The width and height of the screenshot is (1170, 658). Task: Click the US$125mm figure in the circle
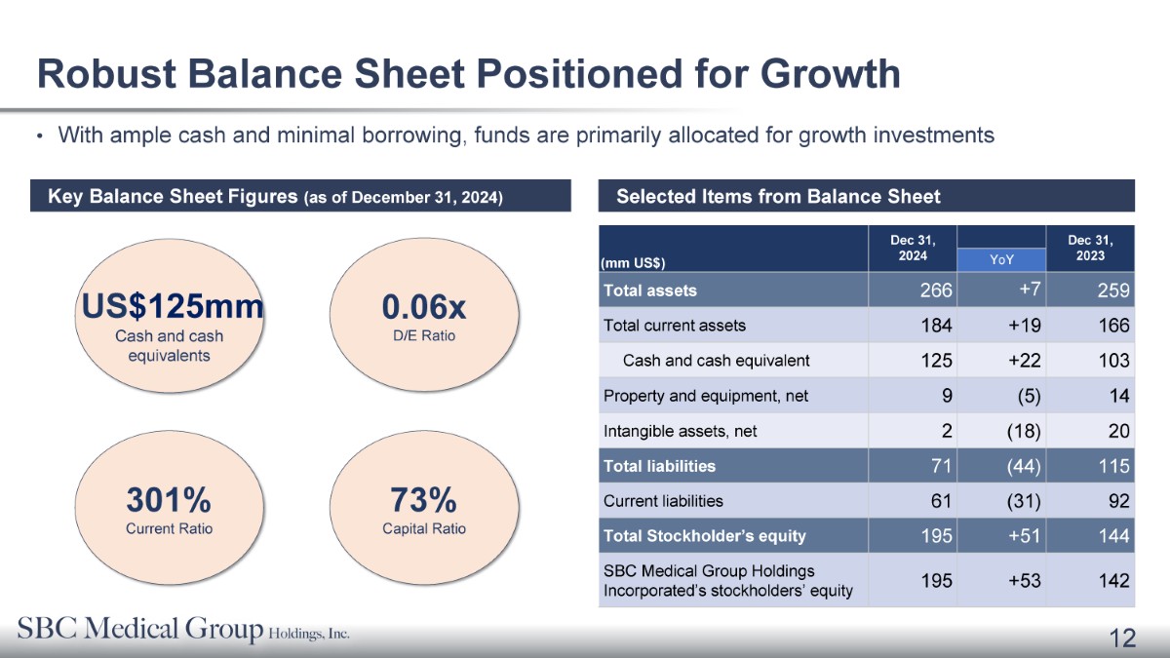coord(173,306)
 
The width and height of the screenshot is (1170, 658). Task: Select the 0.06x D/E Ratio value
coord(423,306)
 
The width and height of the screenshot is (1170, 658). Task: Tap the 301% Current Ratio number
coord(169,500)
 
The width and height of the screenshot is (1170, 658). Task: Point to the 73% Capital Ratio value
coord(423,500)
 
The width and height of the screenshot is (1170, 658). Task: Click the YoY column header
coord(1001,259)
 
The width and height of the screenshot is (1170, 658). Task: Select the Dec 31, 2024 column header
coord(913,248)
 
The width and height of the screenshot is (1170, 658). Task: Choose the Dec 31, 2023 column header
coord(1090,248)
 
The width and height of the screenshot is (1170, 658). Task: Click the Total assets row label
coord(650,290)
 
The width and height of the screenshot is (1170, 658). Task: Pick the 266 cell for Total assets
coord(936,290)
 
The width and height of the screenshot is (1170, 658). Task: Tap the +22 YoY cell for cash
coord(1025,361)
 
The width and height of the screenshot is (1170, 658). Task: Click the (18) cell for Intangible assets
coord(1024,431)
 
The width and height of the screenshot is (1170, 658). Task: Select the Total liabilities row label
coord(659,466)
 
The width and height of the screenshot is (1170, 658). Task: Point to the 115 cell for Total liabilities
coord(1113,466)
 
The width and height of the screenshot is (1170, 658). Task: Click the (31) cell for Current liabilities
coord(1024,501)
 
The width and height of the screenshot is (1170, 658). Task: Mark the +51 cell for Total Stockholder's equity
coord(1025,536)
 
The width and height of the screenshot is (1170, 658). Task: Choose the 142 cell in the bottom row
coord(1113,581)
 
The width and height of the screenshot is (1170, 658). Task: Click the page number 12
coord(1122,638)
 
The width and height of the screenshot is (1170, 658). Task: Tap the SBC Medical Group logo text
coord(183,629)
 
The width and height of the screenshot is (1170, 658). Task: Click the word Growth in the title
coord(830,74)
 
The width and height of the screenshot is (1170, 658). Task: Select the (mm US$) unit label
coord(633,262)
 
